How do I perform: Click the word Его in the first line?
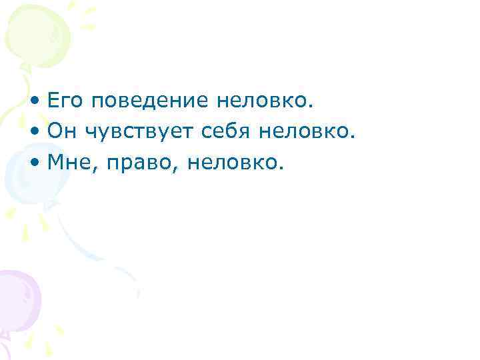click(67, 102)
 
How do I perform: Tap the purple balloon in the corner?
click(17, 297)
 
